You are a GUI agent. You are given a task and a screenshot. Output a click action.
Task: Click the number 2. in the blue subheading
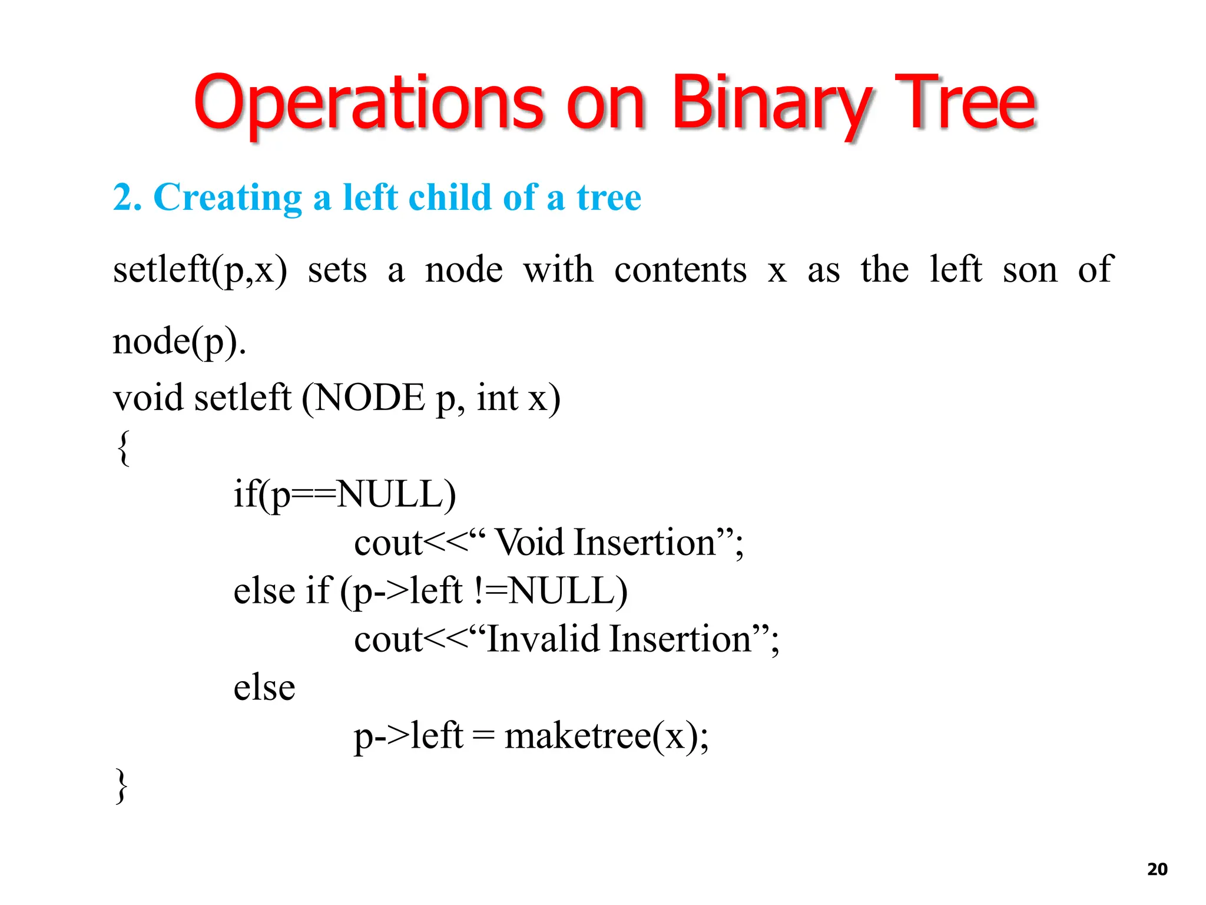click(127, 197)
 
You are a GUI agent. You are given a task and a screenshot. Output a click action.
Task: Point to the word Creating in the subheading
click(227, 197)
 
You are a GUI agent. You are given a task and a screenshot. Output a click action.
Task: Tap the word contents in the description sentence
click(680, 270)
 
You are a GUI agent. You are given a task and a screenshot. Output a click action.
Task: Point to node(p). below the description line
click(179, 342)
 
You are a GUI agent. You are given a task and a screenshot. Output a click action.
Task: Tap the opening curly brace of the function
click(123, 448)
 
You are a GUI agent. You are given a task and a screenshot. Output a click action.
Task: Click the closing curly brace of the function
click(121, 786)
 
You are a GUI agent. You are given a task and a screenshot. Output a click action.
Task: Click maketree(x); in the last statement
click(607, 736)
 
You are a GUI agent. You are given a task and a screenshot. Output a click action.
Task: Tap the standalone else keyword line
click(264, 688)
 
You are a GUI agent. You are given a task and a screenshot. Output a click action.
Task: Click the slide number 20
click(1157, 869)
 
